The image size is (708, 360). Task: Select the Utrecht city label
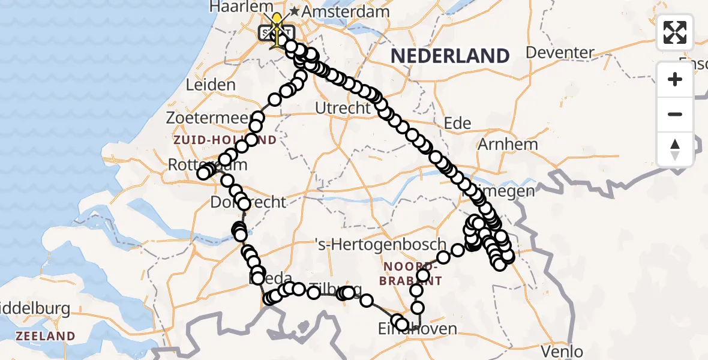343,109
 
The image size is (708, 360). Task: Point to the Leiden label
211,85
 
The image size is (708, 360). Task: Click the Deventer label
560,52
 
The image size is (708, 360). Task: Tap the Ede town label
457,124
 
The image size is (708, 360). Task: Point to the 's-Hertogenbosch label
382,244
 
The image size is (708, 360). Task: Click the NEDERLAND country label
450,56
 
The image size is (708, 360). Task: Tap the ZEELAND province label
46,336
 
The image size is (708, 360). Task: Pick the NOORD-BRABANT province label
412,273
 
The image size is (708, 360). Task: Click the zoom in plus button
675,79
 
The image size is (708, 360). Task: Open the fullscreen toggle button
675,32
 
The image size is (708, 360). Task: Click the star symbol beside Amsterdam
295,11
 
